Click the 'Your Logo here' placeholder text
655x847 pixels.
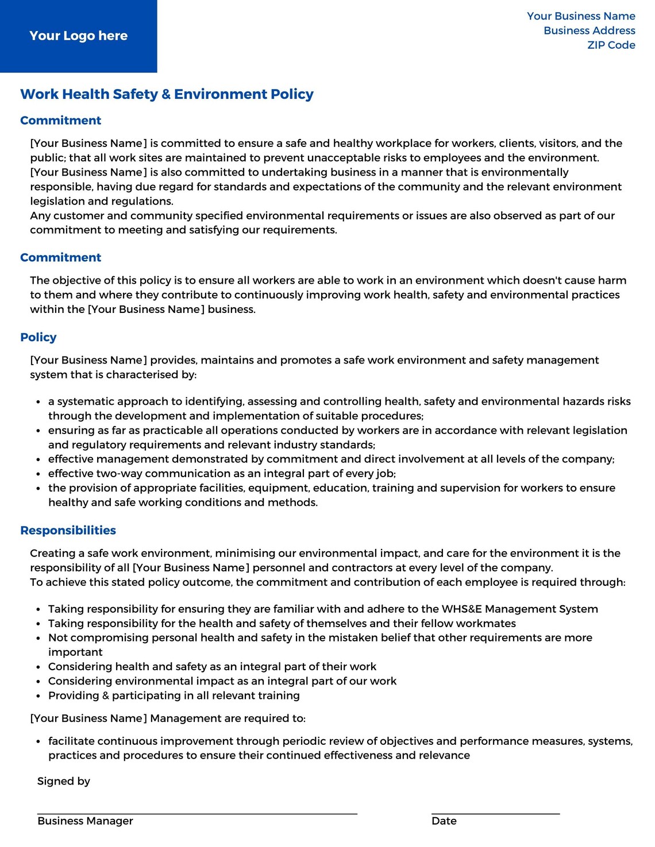point(78,36)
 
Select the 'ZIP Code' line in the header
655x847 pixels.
point(611,45)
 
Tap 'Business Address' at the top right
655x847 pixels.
point(589,30)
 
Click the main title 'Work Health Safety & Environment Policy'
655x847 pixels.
point(167,94)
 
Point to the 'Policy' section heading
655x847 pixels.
point(38,337)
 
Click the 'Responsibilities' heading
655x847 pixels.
point(68,530)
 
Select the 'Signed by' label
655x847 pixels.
point(63,781)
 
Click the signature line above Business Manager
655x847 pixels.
point(197,813)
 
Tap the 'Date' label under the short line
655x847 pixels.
point(444,821)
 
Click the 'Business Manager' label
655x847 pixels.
point(85,821)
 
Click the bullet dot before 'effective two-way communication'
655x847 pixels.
point(38,474)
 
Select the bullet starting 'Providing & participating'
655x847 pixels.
point(174,695)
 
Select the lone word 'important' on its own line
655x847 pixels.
point(75,652)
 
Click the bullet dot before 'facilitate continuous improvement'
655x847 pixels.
point(38,742)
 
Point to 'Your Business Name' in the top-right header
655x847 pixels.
point(581,16)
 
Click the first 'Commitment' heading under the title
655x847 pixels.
point(60,121)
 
